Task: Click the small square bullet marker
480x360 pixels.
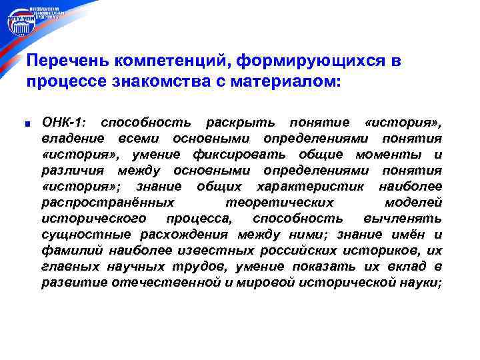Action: (29, 123)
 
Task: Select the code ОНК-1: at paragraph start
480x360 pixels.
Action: (64, 123)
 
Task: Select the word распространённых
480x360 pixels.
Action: (108, 203)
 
